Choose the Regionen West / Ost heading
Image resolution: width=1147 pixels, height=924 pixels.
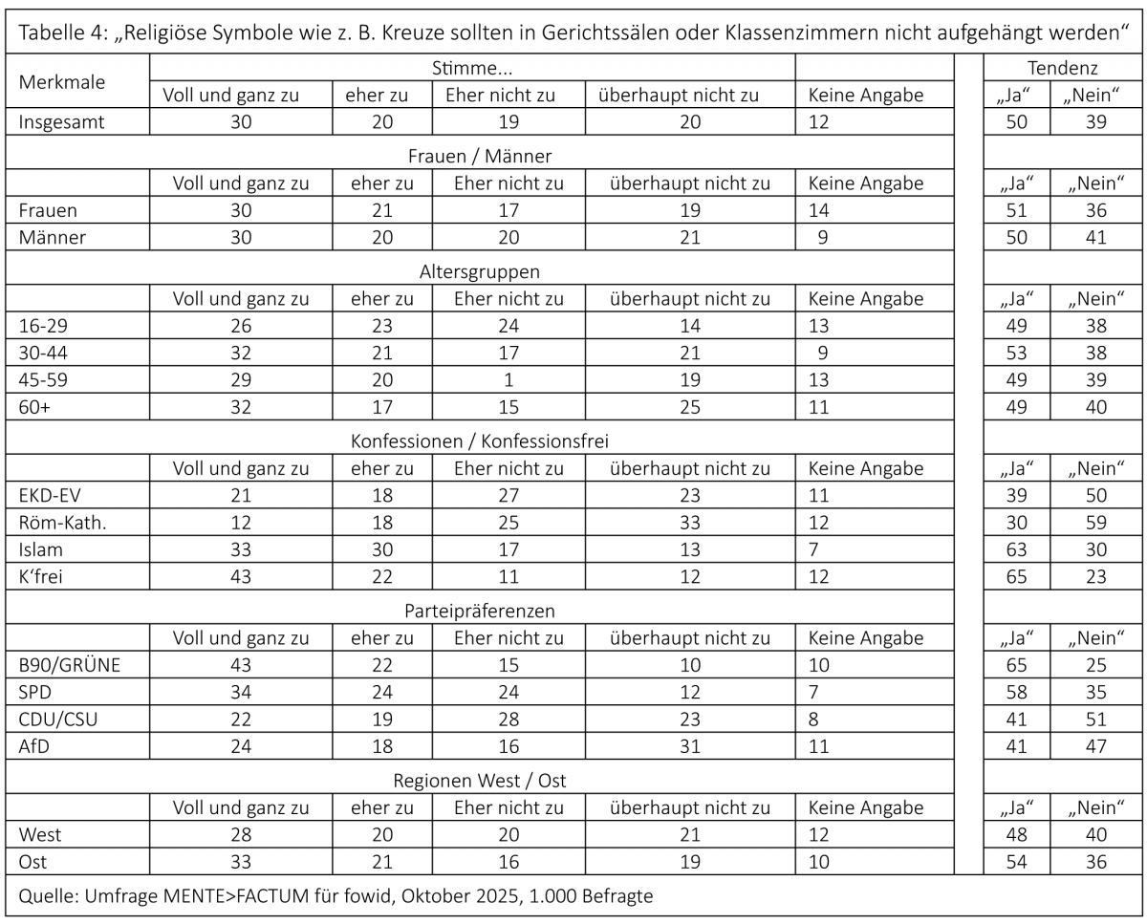click(480, 781)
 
